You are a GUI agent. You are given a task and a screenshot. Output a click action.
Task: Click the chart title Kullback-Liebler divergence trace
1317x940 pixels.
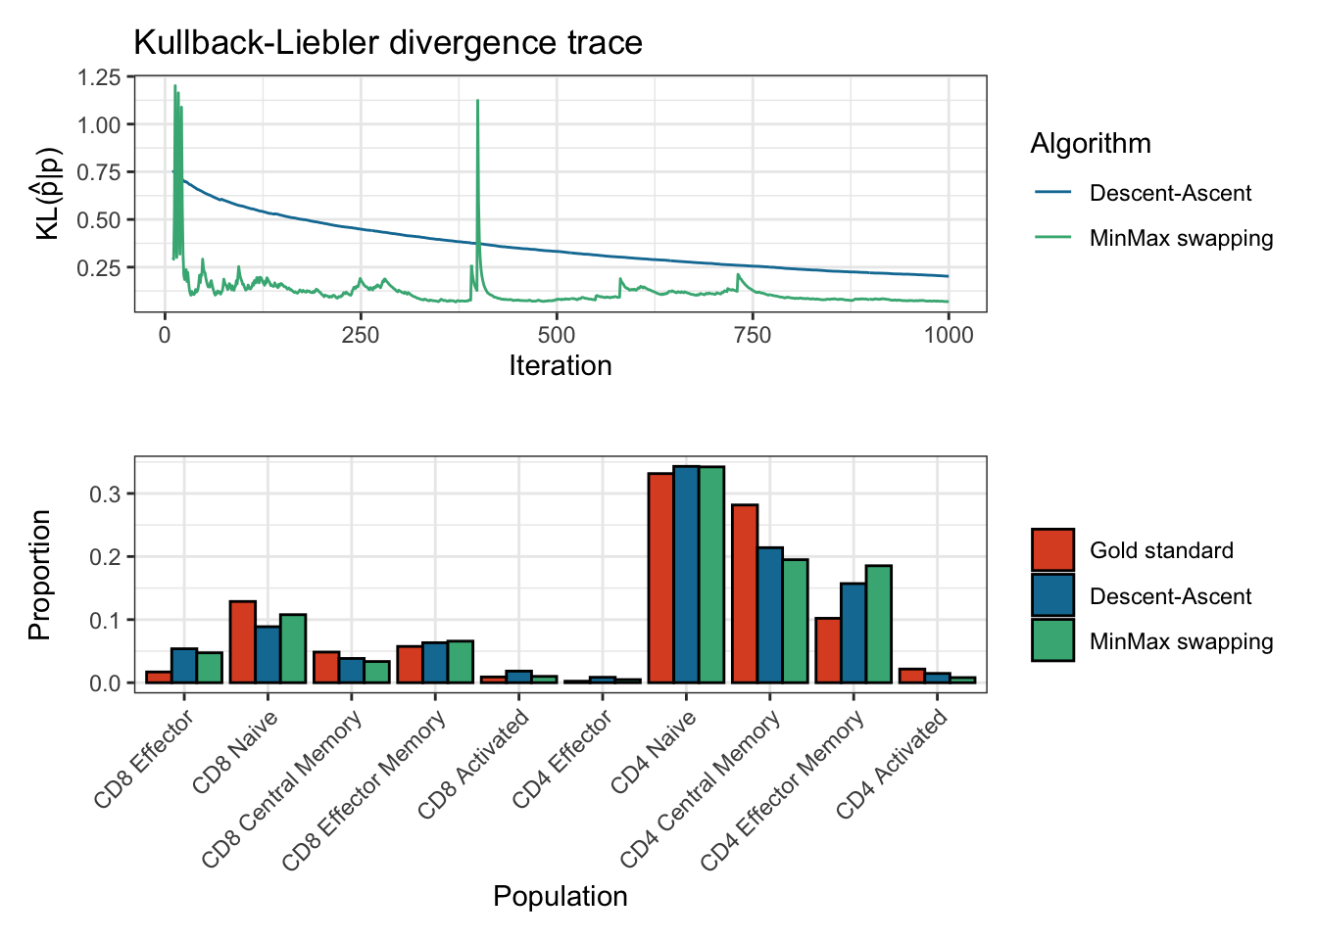coord(387,43)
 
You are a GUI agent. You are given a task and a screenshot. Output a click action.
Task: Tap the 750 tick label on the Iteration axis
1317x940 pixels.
coord(753,335)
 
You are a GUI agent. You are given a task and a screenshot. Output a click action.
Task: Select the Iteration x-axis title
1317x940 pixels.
coord(560,366)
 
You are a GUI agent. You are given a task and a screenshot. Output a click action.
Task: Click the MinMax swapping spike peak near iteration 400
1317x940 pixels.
coord(477,102)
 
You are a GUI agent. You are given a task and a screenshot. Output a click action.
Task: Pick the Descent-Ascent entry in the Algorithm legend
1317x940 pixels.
coord(1170,193)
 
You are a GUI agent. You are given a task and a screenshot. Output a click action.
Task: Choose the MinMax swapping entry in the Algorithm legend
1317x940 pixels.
coord(1181,239)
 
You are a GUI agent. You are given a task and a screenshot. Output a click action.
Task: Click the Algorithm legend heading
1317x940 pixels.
coord(1091,144)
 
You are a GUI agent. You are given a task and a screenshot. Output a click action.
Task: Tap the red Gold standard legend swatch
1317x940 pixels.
coord(1052,550)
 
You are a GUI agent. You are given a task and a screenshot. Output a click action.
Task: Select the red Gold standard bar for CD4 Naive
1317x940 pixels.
coord(660,578)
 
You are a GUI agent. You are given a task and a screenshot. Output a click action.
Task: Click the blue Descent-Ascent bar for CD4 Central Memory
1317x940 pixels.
coord(770,615)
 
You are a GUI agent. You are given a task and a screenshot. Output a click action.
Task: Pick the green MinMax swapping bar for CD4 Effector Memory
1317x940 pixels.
coord(879,624)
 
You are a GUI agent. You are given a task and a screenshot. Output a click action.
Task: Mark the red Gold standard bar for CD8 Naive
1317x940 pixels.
coord(242,641)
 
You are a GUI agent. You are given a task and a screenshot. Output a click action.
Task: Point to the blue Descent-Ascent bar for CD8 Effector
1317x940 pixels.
coord(184,665)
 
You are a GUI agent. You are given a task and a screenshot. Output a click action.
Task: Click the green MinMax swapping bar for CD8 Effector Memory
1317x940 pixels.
coord(461,662)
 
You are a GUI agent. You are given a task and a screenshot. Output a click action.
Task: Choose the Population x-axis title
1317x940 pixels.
coord(560,897)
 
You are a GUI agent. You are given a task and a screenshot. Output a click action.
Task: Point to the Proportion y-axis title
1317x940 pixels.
coord(40,575)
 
